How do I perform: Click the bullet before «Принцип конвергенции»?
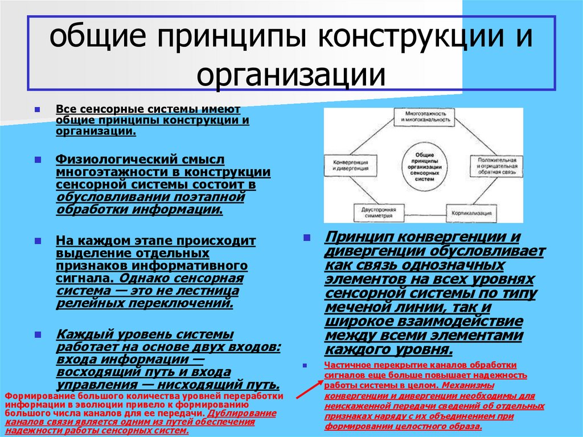(x=307, y=237)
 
